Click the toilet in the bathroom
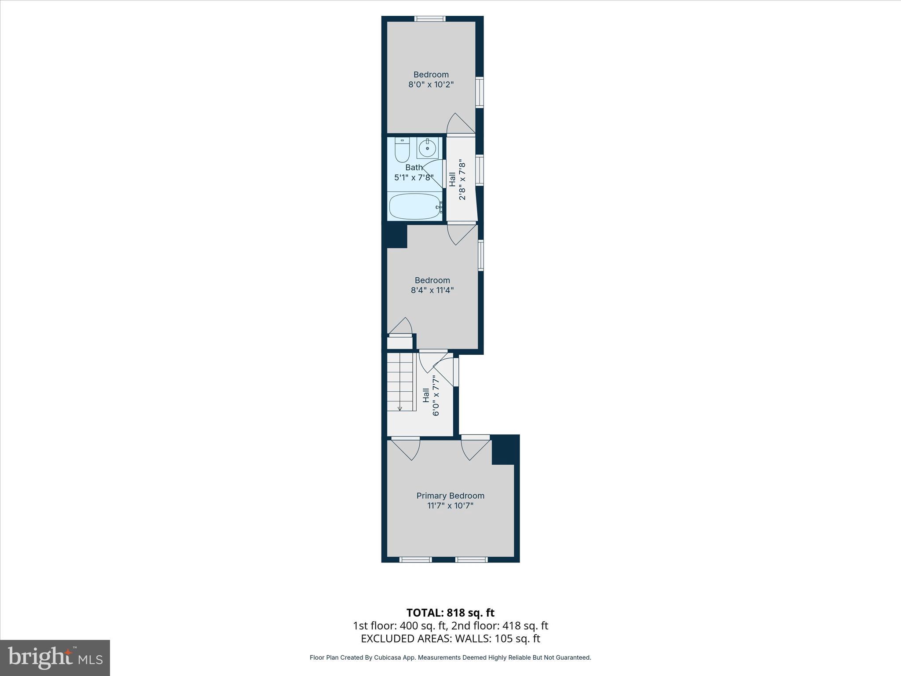402,151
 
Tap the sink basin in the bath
427,148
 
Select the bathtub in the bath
415,207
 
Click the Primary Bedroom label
450,496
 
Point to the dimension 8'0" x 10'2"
431,84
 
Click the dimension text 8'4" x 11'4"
432,290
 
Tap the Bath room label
414,167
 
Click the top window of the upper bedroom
430,18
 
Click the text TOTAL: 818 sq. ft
450,613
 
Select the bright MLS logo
55,658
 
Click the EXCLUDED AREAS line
450,639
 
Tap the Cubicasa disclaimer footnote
450,658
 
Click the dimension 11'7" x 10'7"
450,506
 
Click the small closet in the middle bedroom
400,342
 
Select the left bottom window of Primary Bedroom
415,559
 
